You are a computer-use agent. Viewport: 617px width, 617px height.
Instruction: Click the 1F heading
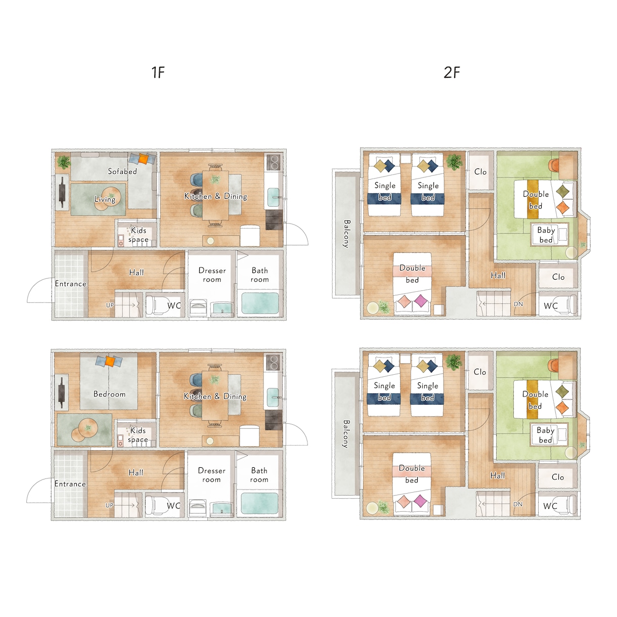(158, 72)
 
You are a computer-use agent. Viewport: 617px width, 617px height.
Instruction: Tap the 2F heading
(452, 72)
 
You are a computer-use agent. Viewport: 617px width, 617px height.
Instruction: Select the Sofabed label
(122, 171)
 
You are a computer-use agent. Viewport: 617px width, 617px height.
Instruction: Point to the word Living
(105, 199)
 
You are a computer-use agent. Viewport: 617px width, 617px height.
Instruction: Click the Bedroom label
(110, 394)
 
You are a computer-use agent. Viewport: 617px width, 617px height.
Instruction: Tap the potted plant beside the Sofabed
(64, 162)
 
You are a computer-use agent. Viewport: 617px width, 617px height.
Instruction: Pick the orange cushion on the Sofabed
(143, 159)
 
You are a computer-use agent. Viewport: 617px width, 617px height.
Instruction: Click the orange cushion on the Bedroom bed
(110, 361)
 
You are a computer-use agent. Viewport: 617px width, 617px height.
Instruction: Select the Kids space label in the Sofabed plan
(139, 235)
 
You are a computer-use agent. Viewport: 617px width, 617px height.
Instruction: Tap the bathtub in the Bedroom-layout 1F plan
(259, 503)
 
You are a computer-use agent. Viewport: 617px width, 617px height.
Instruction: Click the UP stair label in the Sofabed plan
(110, 305)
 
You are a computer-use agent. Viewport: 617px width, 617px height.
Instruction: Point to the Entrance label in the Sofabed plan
(70, 284)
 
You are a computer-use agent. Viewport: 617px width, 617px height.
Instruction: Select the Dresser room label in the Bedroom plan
(211, 475)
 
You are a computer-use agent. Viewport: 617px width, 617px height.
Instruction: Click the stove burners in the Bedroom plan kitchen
(273, 362)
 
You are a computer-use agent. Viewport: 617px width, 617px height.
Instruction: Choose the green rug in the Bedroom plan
(84, 429)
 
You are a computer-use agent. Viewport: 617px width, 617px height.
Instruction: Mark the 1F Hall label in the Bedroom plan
(136, 472)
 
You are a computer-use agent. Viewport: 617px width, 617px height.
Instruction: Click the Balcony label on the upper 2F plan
(346, 234)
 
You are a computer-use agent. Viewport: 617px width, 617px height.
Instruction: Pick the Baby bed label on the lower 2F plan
(545, 435)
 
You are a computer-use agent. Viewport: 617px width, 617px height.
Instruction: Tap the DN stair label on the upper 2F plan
(518, 304)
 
